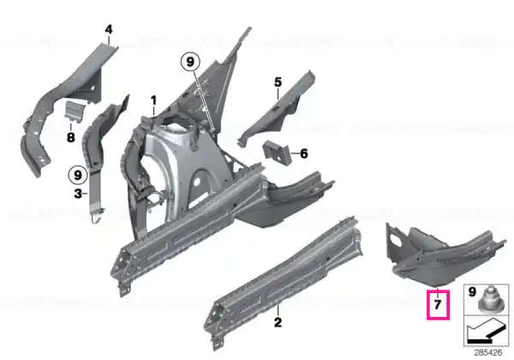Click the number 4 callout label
(109, 30)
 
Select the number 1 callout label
(153, 100)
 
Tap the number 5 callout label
(278, 82)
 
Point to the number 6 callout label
(304, 153)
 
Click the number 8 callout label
(71, 137)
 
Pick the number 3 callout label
(78, 194)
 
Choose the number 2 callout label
(278, 322)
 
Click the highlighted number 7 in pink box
(438, 305)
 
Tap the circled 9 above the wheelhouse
(190, 62)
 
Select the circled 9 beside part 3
(78, 175)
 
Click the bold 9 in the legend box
(472, 291)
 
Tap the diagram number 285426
(488, 353)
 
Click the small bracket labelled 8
(75, 111)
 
